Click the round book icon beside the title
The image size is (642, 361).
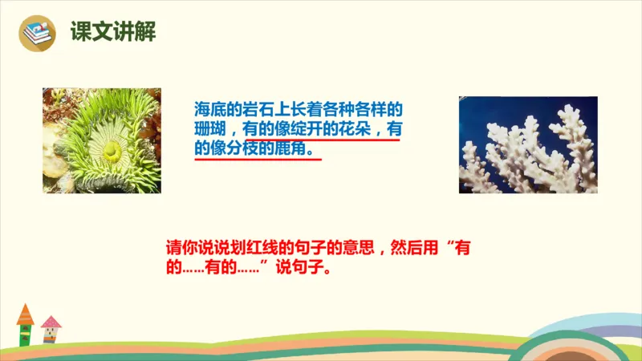[37, 33]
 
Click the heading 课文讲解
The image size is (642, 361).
[112, 32]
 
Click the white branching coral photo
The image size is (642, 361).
[528, 145]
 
